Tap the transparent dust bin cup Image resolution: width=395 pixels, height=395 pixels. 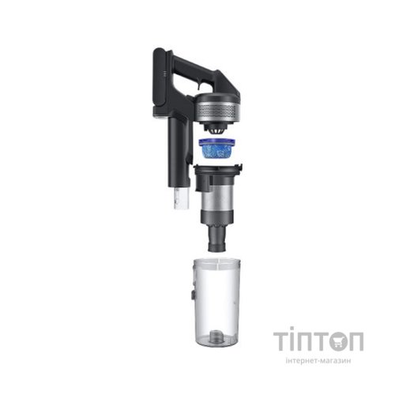click(217, 302)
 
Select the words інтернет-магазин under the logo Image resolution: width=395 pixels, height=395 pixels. click(318, 361)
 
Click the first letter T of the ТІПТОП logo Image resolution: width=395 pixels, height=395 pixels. click(280, 341)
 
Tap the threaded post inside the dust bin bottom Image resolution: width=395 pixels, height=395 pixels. click(215, 336)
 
